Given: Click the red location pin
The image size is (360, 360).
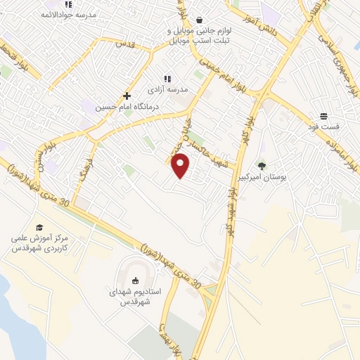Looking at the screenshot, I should pos(181,166).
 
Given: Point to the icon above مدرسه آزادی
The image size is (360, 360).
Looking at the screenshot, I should pos(167,79).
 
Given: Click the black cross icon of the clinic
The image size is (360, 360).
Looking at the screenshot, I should pos(127,96).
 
